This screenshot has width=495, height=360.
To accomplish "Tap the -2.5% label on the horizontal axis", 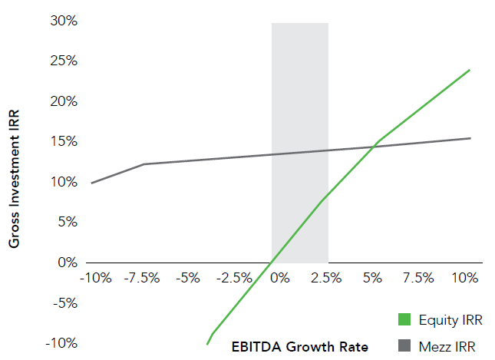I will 233,277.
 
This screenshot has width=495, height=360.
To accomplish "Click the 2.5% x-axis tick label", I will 326,277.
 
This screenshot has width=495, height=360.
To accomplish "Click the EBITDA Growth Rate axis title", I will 300,346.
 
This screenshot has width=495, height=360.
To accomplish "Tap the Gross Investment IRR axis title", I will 14,178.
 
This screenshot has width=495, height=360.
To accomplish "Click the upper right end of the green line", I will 469,70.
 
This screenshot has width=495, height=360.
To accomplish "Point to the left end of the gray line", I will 91,183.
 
